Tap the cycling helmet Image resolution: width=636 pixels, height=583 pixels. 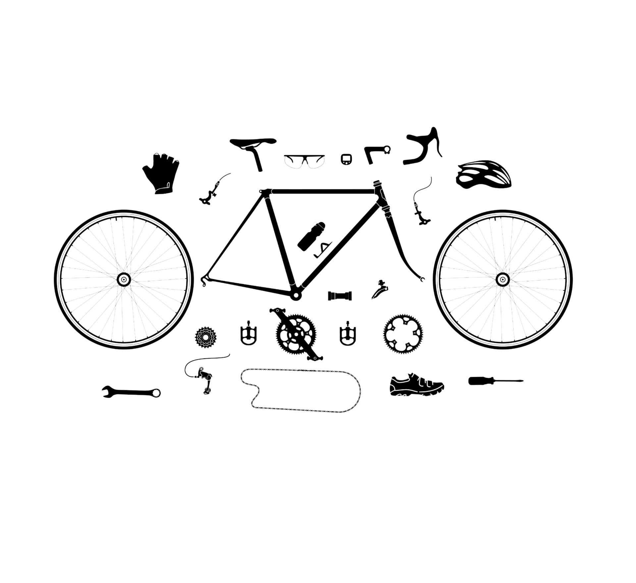(483, 175)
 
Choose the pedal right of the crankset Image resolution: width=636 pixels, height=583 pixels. (347, 334)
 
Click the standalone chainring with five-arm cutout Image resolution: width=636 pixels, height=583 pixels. (403, 334)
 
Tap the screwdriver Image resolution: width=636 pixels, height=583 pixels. (495, 381)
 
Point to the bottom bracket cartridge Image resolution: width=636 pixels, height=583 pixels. (340, 295)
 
